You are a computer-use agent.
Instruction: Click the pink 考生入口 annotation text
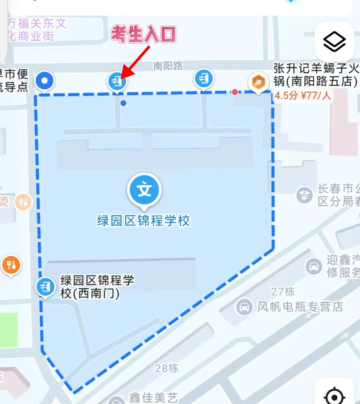(x=143, y=34)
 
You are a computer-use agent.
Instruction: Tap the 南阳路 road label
(x=168, y=66)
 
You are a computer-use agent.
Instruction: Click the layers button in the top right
(x=334, y=42)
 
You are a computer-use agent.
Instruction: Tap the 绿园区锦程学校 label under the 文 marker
(x=143, y=220)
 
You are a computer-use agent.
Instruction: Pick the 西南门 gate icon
(x=45, y=286)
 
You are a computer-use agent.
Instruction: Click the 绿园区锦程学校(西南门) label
(x=97, y=286)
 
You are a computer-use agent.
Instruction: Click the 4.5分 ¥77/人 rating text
(x=302, y=96)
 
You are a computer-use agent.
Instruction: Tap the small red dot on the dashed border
(x=235, y=92)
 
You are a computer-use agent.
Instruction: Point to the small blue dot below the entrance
(x=123, y=103)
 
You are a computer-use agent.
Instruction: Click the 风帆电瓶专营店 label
(x=300, y=306)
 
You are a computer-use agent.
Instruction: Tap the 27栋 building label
(x=283, y=291)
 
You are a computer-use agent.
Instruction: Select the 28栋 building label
(x=167, y=368)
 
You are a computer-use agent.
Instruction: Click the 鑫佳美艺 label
(x=153, y=397)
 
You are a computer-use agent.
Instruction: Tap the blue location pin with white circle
(x=45, y=81)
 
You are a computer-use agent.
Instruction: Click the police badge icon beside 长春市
(x=304, y=195)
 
